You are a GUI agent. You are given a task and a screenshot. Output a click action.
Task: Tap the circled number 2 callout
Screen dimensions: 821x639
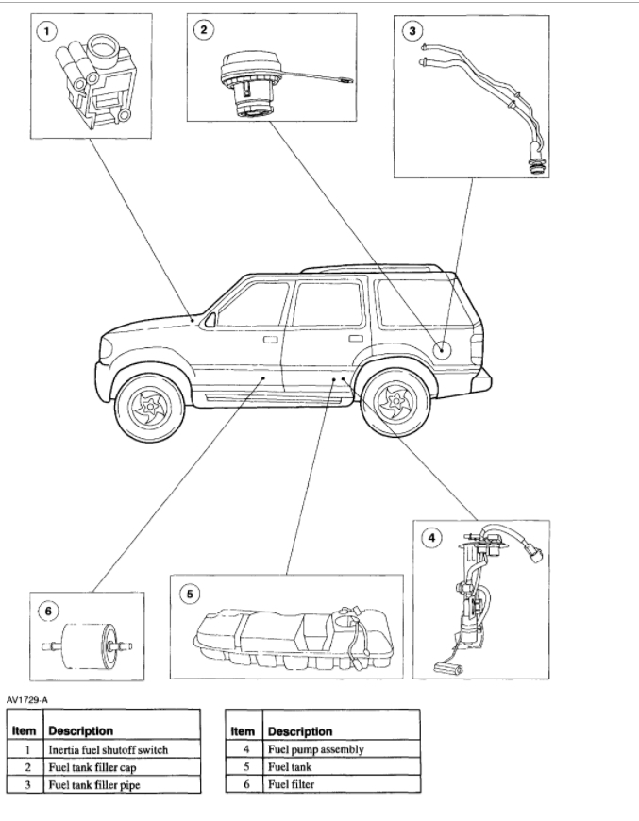pos(204,29)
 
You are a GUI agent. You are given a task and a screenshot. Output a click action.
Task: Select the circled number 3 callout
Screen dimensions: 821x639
pos(411,30)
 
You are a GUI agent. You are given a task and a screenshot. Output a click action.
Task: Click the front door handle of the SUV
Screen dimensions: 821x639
pos(270,338)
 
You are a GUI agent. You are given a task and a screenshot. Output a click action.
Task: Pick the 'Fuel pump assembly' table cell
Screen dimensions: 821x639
pos(315,749)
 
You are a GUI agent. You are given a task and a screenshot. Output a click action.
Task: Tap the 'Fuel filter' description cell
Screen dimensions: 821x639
pos(292,783)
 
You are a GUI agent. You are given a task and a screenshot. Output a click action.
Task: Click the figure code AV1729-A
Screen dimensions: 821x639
pos(27,699)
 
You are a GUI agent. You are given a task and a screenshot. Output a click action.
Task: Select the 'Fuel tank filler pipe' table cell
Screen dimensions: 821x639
pos(94,783)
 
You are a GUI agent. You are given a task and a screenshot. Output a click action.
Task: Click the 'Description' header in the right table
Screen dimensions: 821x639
pos(300,730)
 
